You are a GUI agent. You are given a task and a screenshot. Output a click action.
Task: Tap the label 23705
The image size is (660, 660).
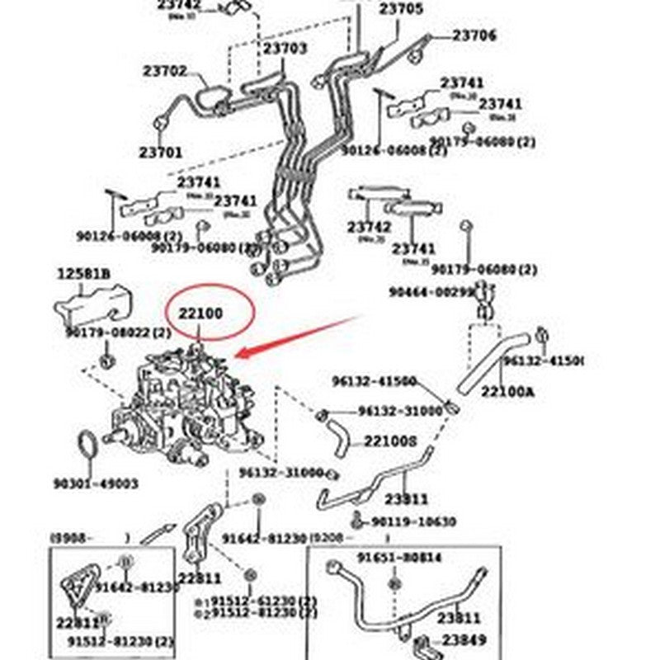pyautogui.click(x=401, y=10)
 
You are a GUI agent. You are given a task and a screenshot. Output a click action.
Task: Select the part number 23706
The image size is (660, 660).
pyautogui.click(x=474, y=35)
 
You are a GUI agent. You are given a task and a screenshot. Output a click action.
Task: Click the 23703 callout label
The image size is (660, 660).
pyautogui.click(x=285, y=49)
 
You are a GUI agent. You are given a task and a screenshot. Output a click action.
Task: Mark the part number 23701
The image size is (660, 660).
pyautogui.click(x=161, y=153)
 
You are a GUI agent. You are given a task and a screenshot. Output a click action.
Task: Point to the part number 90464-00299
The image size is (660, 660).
pyautogui.click(x=431, y=292)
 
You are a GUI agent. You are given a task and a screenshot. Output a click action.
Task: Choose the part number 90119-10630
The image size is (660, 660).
pyautogui.click(x=412, y=521)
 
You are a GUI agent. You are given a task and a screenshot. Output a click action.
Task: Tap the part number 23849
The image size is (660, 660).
pyautogui.click(x=463, y=639)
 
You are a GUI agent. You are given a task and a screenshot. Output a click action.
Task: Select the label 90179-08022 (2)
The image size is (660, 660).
pyautogui.click(x=118, y=333)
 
